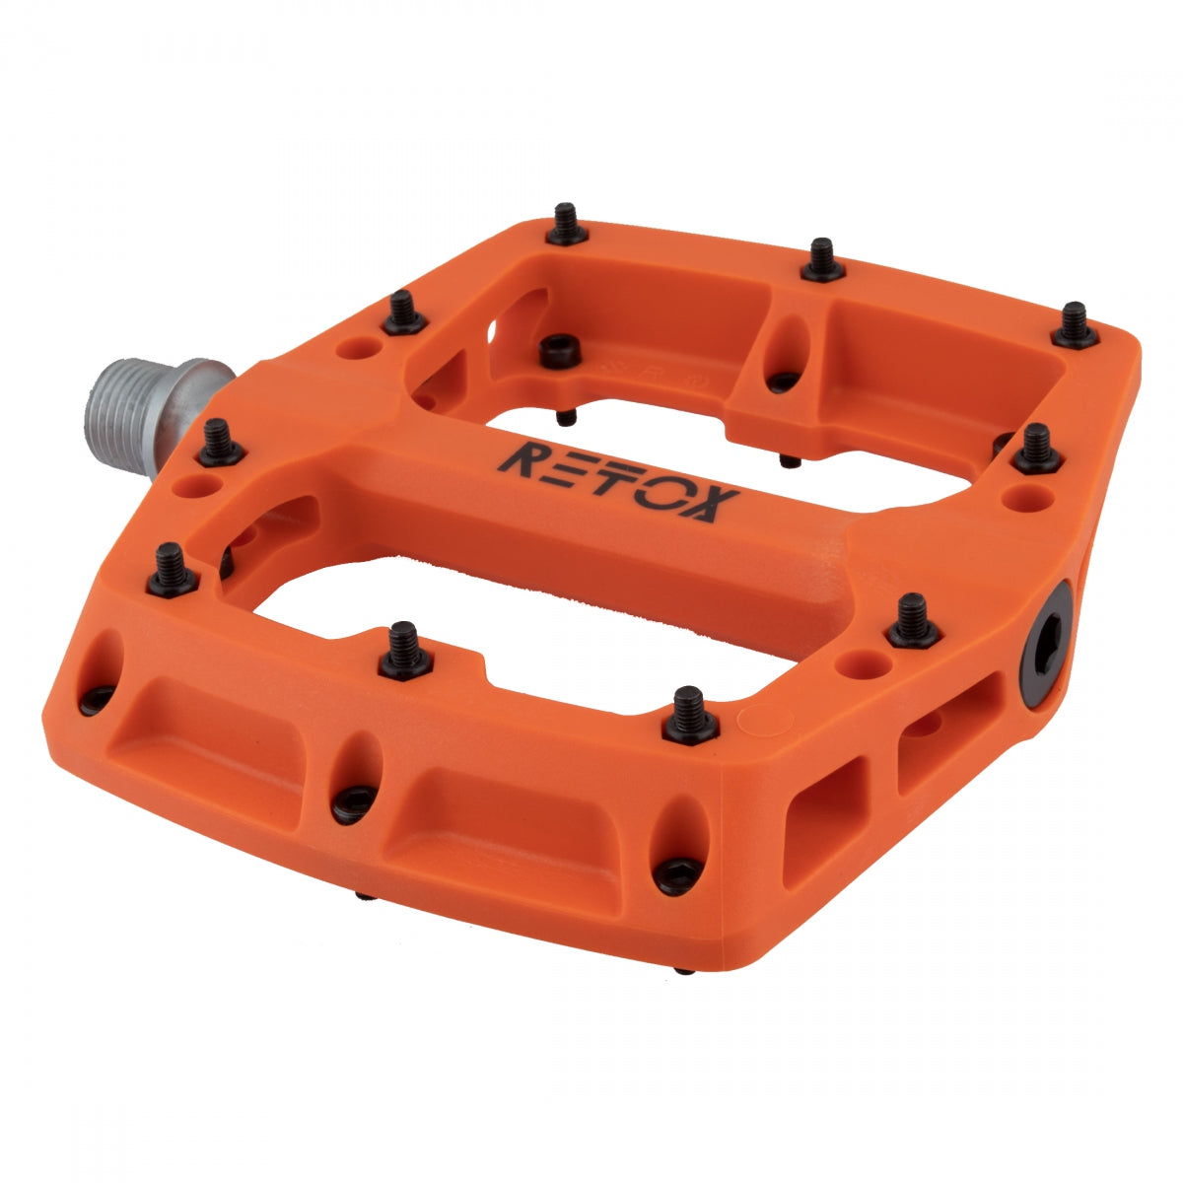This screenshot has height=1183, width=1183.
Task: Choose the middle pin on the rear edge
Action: click(821, 261)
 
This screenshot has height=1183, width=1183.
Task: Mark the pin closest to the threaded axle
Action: click(220, 444)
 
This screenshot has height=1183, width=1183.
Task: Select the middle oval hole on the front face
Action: click(356, 779)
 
